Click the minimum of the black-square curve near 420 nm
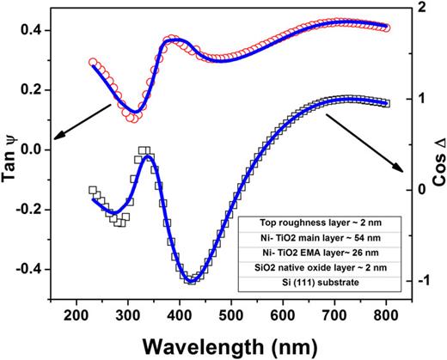point(192,280)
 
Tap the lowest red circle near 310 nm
point(132,119)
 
